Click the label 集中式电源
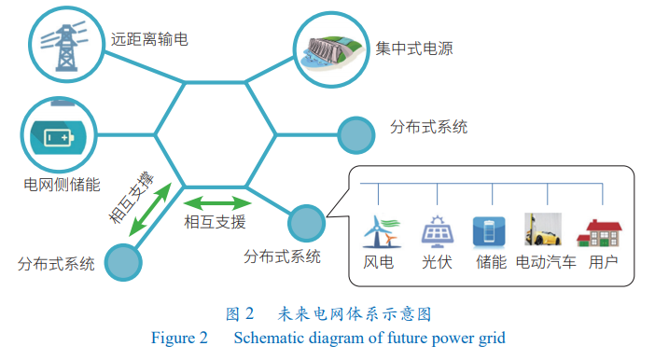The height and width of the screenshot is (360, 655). (x=414, y=48)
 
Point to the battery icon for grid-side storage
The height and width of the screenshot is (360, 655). (x=57, y=135)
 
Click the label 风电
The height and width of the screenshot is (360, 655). (x=378, y=262)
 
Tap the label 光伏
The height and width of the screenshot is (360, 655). (x=436, y=262)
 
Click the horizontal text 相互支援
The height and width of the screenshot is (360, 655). (x=216, y=221)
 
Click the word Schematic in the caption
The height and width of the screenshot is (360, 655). (x=270, y=338)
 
